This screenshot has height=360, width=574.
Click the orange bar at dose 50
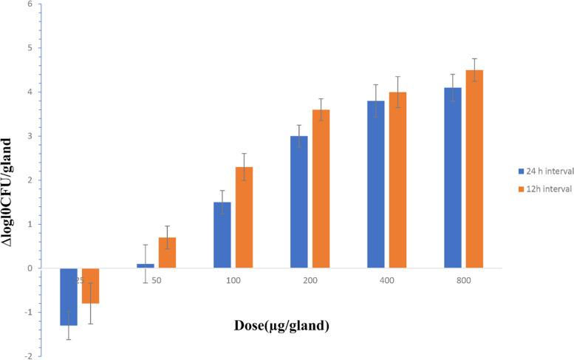[167, 253]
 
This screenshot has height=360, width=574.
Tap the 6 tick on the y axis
[29, 4]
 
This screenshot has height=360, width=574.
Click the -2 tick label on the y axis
[27, 356]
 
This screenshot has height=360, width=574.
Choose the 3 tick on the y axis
[29, 136]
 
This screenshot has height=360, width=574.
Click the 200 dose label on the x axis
[309, 282]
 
